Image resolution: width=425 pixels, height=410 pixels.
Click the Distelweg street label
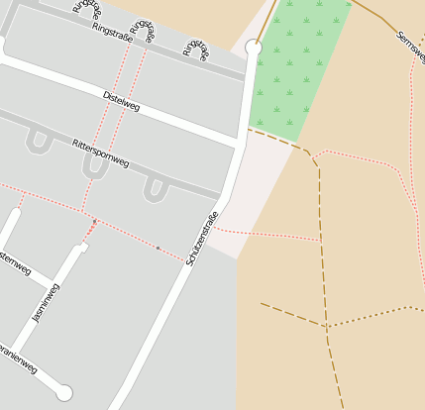pyautogui.click(x=122, y=101)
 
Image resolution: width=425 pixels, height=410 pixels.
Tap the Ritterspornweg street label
pyautogui.click(x=101, y=154)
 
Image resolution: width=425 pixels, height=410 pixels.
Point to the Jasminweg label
pyautogui.click(x=47, y=303)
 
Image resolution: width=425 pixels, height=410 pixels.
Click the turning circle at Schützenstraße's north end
pyautogui.click(x=254, y=47)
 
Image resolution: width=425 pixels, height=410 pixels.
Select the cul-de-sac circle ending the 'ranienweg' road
pyautogui.click(x=64, y=393)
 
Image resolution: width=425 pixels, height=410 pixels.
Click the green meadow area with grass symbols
pyautogui.click(x=297, y=69)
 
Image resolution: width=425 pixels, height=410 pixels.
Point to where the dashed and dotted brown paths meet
pyautogui.click(x=327, y=325)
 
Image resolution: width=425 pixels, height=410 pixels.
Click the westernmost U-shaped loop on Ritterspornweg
pyautogui.click(x=40, y=142)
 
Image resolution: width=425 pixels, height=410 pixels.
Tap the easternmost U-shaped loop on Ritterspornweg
pyautogui.click(x=156, y=189)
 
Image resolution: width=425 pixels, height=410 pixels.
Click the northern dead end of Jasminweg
pyautogui.click(x=83, y=247)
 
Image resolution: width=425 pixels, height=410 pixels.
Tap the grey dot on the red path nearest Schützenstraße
pyautogui.click(x=158, y=248)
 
